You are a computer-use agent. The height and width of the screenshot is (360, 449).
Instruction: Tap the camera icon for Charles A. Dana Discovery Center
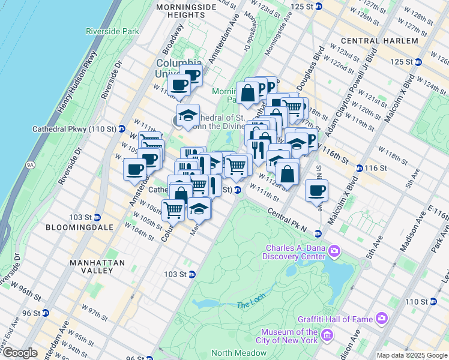334,250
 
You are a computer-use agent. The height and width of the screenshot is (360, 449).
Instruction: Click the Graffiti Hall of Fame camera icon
381,317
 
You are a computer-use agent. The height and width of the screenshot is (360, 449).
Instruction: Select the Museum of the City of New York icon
327,333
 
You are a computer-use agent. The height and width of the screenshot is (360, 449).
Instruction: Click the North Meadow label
234,353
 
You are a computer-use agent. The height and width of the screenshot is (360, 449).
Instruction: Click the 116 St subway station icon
359,168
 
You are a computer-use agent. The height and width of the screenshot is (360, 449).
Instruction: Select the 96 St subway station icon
46,313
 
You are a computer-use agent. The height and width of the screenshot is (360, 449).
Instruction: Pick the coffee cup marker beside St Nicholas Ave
316,191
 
